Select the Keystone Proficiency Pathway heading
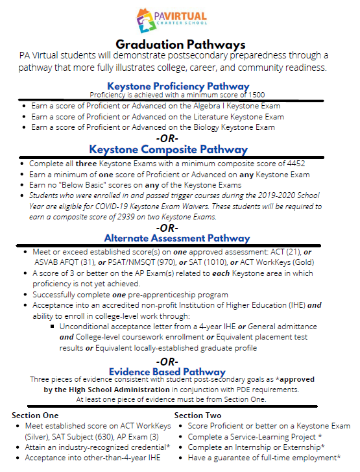[x=178, y=86]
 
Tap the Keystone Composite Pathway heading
[x=177, y=149]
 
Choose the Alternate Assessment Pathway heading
[x=176, y=238]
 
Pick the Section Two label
[x=198, y=415]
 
